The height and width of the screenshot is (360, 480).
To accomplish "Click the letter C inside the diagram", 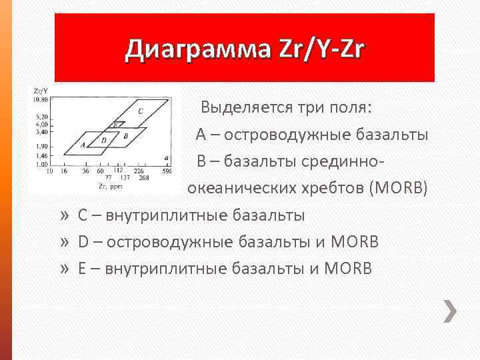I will [139, 111].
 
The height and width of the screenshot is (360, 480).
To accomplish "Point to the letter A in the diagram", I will [82, 144].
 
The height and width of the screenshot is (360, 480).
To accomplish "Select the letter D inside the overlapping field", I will [103, 140].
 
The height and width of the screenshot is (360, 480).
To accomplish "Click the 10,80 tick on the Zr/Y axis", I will [41, 99].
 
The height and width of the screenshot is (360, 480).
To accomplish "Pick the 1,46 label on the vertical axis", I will [41, 155].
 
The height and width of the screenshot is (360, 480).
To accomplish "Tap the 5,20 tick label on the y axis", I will [41, 117].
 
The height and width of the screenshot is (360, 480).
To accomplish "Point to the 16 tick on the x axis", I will [63, 171].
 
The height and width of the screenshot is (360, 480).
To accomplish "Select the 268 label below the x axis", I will [143, 178].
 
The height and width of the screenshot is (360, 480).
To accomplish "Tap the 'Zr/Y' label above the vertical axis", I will [39, 90].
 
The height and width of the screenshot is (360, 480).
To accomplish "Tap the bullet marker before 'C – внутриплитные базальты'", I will [64, 215].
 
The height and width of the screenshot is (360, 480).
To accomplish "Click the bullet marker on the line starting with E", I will [64, 269].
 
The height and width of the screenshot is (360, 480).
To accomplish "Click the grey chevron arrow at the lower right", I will [451, 311].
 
